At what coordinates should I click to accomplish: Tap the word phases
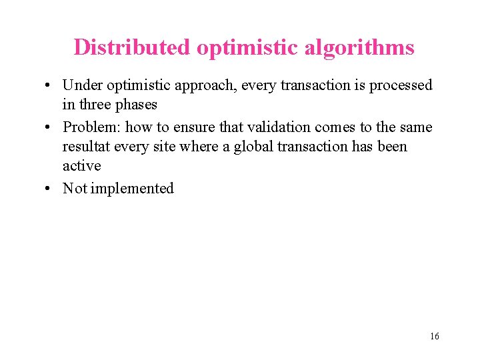pos(137,105)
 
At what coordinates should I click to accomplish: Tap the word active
pos(81,165)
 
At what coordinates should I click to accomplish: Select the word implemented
pos(132,188)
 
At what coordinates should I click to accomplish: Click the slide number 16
pos(435,336)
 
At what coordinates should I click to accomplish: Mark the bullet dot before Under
pos(49,86)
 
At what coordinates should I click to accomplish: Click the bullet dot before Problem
pos(49,127)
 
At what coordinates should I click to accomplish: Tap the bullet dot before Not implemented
pos(49,189)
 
